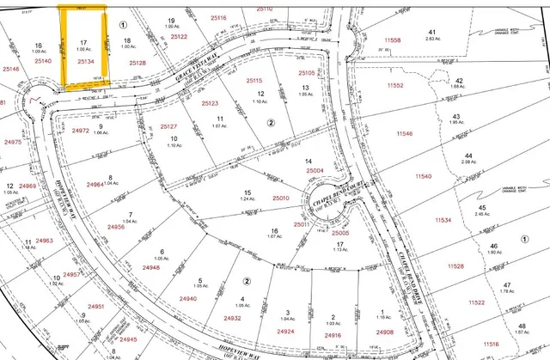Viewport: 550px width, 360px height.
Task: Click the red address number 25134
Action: coord(85,62)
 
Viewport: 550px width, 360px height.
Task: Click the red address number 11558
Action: coord(393,40)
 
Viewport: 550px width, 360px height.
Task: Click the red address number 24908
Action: coord(384,332)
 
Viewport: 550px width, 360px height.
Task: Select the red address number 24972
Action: coord(81,131)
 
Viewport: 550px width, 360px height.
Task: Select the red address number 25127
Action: coord(171,125)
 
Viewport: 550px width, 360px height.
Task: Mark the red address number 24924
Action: coord(285,332)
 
